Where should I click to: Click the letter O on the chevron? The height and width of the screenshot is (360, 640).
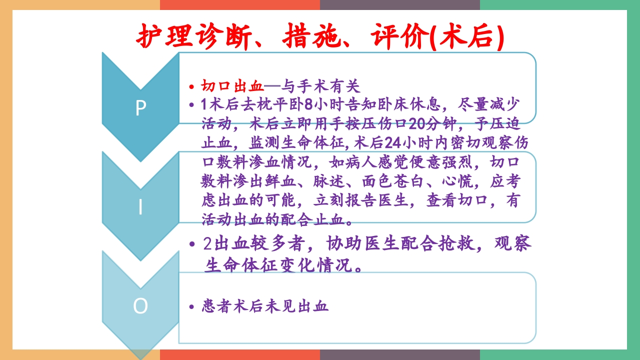[140, 306]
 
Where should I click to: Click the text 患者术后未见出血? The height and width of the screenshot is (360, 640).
[265, 306]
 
